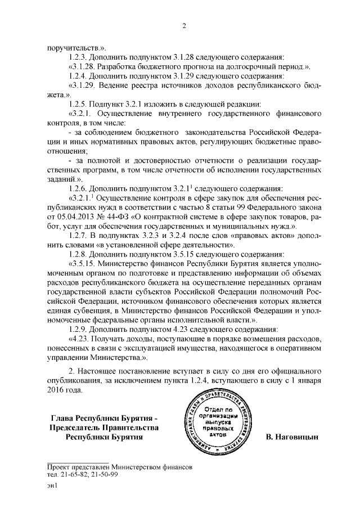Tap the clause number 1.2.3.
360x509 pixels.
point(78,57)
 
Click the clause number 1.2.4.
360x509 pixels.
point(78,76)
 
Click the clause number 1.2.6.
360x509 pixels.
point(78,187)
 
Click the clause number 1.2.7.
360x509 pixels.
point(79,234)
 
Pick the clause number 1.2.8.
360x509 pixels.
point(78,253)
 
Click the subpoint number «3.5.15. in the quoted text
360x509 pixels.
point(84,262)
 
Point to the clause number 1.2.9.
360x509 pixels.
point(78,327)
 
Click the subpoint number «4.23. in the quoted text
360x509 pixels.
point(80,337)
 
